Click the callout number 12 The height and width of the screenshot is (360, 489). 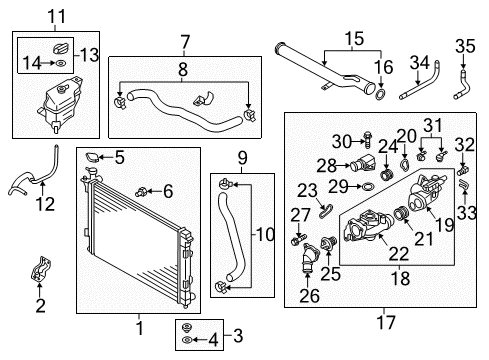point(45,204)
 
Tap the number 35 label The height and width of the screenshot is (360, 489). point(465,46)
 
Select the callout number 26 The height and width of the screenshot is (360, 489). point(309,296)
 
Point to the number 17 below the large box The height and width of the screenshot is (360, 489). point(386,322)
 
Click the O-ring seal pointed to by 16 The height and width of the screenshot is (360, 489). point(381,94)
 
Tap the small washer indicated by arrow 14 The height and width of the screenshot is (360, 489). point(61,62)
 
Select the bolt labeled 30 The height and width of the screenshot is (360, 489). point(367,140)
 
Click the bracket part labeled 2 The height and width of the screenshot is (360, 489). point(41,269)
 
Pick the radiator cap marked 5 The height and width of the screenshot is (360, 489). point(92,157)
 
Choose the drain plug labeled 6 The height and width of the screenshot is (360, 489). point(141,192)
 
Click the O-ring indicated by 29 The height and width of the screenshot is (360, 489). point(367,186)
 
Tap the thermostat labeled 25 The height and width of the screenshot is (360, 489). point(328,243)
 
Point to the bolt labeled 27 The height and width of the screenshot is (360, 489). point(299,239)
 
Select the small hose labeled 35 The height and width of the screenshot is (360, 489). point(462,84)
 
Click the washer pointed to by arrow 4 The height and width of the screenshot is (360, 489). point(187,340)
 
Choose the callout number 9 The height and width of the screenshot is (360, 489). point(243,158)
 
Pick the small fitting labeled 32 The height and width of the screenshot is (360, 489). point(462,171)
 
